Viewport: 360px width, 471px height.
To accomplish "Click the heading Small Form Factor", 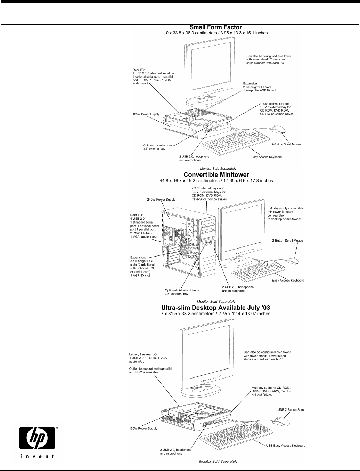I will pyautogui.click(x=215, y=27).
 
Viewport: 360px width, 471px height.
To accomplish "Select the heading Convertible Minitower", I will pyautogui.click(x=216, y=174).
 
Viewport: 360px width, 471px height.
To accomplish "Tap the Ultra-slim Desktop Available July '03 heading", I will pyautogui.click(x=216, y=308).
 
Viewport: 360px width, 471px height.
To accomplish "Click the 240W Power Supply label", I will pyautogui.click(x=162, y=200).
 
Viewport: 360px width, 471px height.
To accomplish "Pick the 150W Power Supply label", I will pyautogui.click(x=143, y=428).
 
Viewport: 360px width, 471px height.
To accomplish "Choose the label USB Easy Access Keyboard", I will pyautogui.click(x=285, y=446).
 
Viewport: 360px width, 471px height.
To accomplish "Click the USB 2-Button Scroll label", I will pyautogui.click(x=291, y=409).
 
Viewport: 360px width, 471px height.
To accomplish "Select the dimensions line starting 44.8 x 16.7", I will pyautogui.click(x=216, y=181).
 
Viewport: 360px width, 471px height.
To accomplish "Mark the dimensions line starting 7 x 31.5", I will pyautogui.click(x=216, y=314).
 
